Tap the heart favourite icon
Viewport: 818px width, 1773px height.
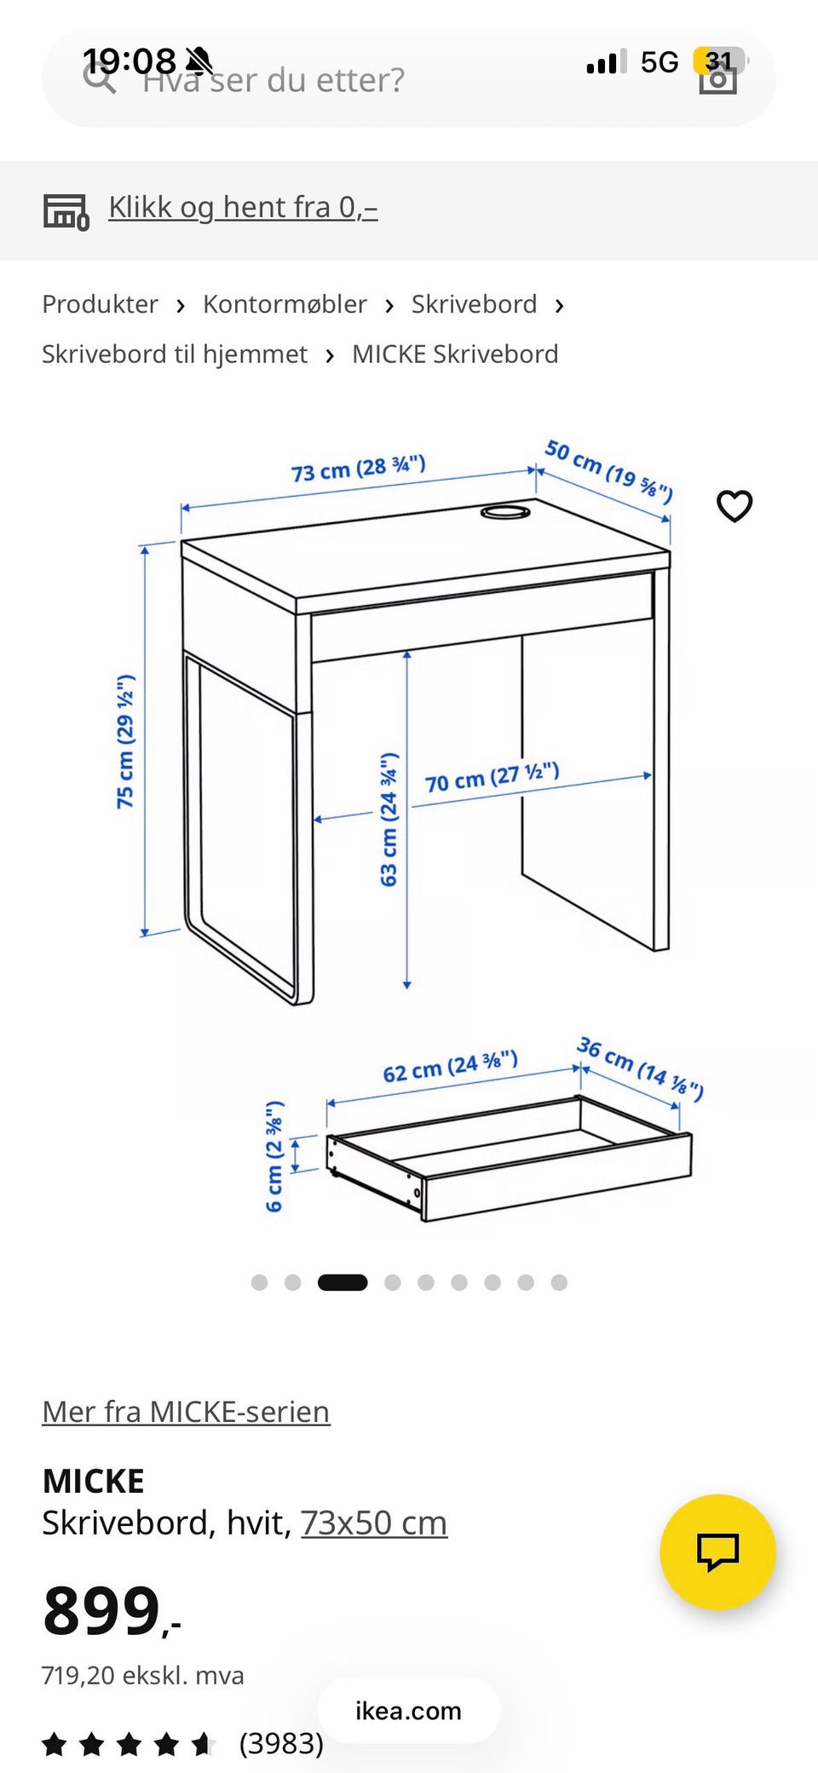[x=734, y=506]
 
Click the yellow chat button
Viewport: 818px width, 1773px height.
[x=717, y=1551]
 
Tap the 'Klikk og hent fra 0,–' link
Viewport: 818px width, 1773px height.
[x=243, y=208]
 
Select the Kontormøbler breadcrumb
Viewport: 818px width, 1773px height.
[x=285, y=304]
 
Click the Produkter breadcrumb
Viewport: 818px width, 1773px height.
[x=100, y=304]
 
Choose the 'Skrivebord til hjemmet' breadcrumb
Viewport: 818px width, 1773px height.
[x=175, y=354]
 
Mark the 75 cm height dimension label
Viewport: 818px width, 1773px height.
[x=125, y=741]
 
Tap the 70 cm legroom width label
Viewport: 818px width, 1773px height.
[x=493, y=777]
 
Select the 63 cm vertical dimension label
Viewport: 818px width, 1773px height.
[x=389, y=820]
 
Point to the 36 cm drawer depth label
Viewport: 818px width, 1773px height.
[x=641, y=1068]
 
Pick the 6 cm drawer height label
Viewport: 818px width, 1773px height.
[x=274, y=1156]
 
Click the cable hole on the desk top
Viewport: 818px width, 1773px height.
[x=505, y=512]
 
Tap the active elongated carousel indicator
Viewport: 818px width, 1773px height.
[x=343, y=1282]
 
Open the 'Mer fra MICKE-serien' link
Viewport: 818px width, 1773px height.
[x=186, y=1412]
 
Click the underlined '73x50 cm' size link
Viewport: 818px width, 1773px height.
[x=374, y=1523]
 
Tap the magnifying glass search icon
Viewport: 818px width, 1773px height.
[x=100, y=78]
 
